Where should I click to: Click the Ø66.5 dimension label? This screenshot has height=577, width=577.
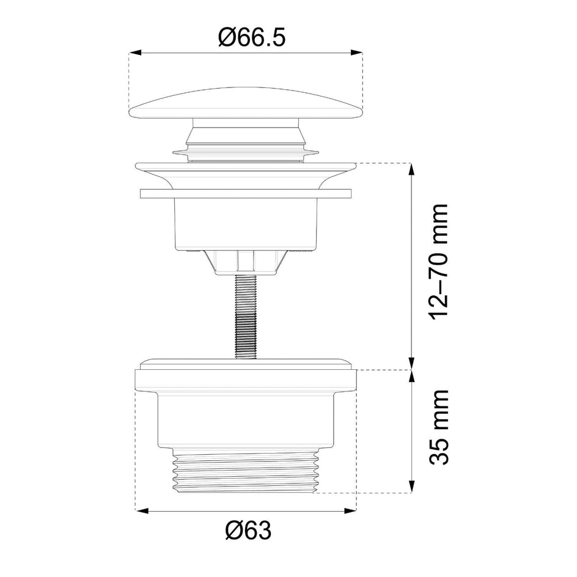[251, 37]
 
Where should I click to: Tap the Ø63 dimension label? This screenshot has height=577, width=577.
[248, 531]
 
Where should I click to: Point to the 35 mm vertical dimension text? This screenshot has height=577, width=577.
[439, 427]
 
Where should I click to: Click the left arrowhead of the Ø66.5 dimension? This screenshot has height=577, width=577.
[136, 53]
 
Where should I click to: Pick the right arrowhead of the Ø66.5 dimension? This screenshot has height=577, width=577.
[356, 53]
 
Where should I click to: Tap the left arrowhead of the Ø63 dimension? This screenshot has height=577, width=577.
[142, 510]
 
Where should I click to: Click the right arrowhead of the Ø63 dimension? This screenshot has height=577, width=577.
[350, 510]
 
